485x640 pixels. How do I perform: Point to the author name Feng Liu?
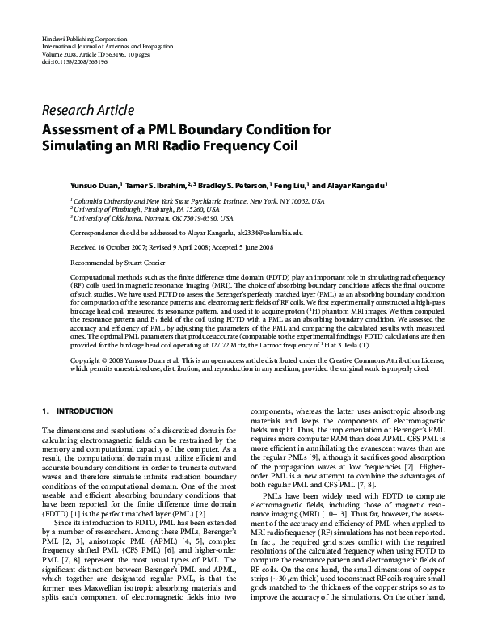(289, 184)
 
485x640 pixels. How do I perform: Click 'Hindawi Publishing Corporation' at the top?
(83, 39)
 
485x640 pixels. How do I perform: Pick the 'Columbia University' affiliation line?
(197, 200)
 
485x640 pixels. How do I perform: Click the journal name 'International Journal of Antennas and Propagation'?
(113, 46)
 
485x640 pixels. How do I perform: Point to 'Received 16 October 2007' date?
(108, 247)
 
